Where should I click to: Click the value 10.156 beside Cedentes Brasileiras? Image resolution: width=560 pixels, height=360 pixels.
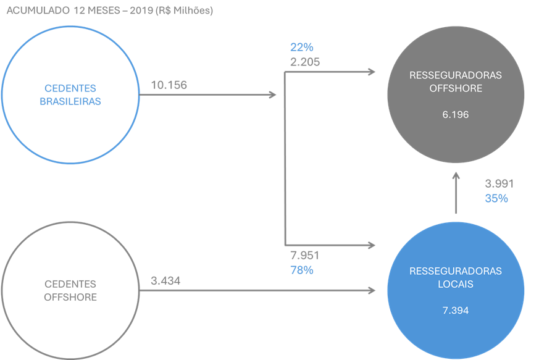(169, 85)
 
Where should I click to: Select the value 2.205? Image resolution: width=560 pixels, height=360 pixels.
(304, 61)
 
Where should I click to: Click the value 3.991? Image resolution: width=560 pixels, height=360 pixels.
(499, 184)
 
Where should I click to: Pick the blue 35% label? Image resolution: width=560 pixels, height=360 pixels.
(496, 198)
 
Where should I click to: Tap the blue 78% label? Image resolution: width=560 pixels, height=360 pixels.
(301, 270)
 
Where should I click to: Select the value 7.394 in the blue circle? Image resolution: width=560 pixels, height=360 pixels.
(456, 310)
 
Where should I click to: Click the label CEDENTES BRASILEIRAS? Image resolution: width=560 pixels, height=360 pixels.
(70, 95)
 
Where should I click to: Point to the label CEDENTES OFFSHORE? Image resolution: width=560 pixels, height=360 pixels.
(70, 290)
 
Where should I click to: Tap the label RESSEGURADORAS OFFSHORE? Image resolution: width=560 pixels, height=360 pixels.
(456, 82)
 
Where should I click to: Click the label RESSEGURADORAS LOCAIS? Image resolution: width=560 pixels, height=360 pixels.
(456, 277)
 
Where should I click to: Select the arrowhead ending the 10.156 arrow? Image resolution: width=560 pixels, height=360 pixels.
(272, 94)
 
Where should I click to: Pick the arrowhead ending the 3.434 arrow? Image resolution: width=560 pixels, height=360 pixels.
(373, 290)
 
